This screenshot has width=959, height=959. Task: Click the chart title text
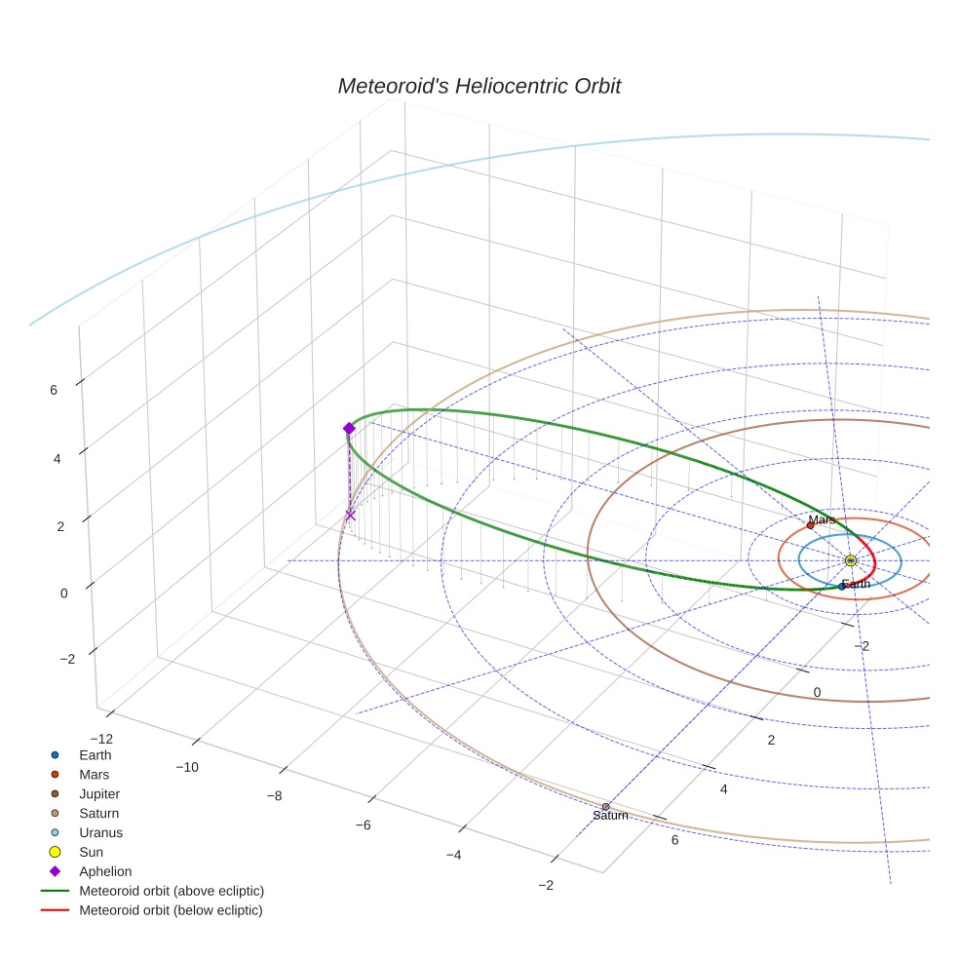click(x=479, y=86)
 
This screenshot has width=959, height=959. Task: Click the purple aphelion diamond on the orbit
click(x=349, y=429)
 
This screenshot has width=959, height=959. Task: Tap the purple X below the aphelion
click(x=350, y=516)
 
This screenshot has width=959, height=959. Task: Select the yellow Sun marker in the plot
click(x=850, y=560)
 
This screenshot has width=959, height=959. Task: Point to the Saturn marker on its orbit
click(x=605, y=806)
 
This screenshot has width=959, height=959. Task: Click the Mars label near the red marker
click(x=822, y=519)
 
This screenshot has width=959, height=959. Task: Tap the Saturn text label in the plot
click(x=610, y=816)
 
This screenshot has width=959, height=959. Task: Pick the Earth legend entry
click(x=95, y=754)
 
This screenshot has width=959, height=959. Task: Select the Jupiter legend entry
click(x=99, y=793)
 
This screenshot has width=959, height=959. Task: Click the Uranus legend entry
click(x=100, y=832)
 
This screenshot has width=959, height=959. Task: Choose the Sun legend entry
click(x=91, y=852)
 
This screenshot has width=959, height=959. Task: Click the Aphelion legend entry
click(x=104, y=871)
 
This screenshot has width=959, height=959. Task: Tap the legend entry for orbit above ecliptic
click(x=171, y=891)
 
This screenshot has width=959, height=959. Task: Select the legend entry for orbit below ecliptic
click(x=171, y=910)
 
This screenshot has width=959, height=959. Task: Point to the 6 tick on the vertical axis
click(x=53, y=390)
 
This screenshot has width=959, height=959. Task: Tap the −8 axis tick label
click(x=274, y=796)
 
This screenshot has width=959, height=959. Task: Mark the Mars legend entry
click(x=94, y=774)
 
